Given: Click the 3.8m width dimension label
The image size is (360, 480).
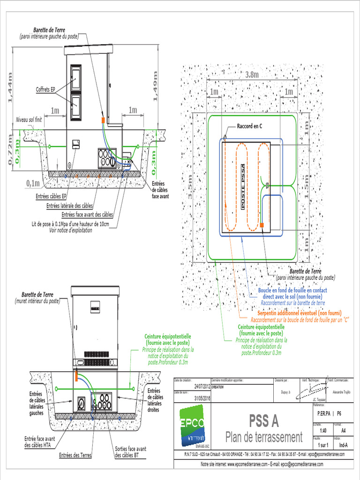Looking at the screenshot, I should (x=252, y=75).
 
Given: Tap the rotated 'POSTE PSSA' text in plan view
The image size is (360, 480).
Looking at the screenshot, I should (x=243, y=186).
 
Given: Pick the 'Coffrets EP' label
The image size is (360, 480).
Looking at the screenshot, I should (x=45, y=89).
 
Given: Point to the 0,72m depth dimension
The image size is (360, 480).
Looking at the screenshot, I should (x=10, y=149).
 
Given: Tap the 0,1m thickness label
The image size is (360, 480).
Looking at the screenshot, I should (x=33, y=182).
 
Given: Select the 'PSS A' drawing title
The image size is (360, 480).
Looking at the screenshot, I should (x=263, y=421).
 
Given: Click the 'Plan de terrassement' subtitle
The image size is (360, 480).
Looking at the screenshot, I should (x=263, y=437).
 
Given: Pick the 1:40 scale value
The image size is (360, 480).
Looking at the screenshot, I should (x=323, y=430).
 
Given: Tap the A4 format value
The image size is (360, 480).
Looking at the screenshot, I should (x=343, y=430).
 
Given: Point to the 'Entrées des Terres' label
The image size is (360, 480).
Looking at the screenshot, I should (x=75, y=455).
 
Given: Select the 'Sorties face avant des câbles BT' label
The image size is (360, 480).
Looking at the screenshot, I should (x=130, y=452).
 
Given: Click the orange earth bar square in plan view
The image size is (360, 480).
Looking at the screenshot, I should (x=262, y=225).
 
